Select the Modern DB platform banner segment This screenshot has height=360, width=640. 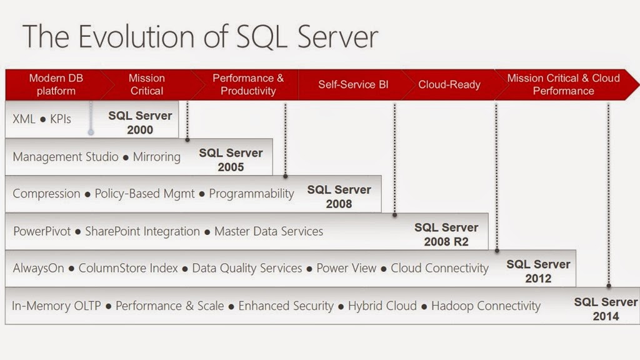pyautogui.click(x=56, y=84)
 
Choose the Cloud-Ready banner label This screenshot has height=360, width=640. pyautogui.click(x=449, y=84)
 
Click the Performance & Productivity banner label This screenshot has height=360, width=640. pyautogui.click(x=248, y=84)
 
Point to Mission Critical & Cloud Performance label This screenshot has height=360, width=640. pyautogui.click(x=563, y=84)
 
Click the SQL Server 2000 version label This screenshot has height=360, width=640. pyautogui.click(x=140, y=122)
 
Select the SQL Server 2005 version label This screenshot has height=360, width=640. pyautogui.click(x=231, y=159)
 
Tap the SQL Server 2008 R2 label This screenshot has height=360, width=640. pyautogui.click(x=446, y=234)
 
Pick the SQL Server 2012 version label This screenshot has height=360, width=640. pyautogui.click(x=538, y=271)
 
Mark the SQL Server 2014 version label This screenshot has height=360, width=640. pyautogui.click(x=606, y=309)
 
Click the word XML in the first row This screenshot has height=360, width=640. pyautogui.click(x=24, y=119)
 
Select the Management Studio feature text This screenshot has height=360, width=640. pyautogui.click(x=66, y=156)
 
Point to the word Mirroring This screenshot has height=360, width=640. pyautogui.click(x=156, y=156)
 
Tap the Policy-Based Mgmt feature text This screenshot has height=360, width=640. pyautogui.click(x=144, y=194)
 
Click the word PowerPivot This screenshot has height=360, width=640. pyautogui.click(x=41, y=231)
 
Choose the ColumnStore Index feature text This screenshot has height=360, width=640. pyautogui.click(x=128, y=269)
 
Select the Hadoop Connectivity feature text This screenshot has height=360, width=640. pyautogui.click(x=486, y=306)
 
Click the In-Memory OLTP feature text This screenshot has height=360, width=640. pyautogui.click(x=56, y=306)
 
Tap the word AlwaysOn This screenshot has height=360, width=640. pyautogui.click(x=38, y=269)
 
